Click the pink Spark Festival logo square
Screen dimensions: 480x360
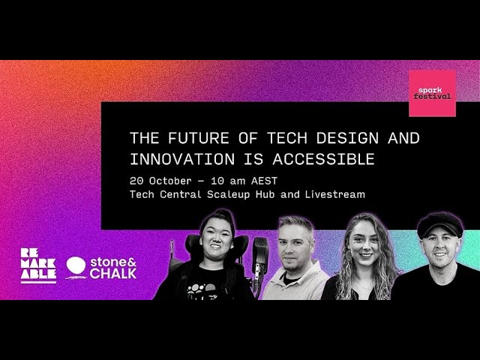[432, 93]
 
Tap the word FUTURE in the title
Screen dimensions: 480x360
[198, 138]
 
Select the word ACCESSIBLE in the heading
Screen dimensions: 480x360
[323, 159]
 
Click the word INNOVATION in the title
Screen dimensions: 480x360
[182, 159]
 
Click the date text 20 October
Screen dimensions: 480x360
[160, 181]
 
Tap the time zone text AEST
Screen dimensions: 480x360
[264, 181]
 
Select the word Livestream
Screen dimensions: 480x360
[335, 194]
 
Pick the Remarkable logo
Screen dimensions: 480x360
[38, 265]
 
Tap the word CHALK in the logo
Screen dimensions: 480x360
[113, 273]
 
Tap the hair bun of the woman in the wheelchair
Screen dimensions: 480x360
[219, 215]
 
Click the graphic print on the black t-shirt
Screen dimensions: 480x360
[202, 290]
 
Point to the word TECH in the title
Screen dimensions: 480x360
[287, 138]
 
